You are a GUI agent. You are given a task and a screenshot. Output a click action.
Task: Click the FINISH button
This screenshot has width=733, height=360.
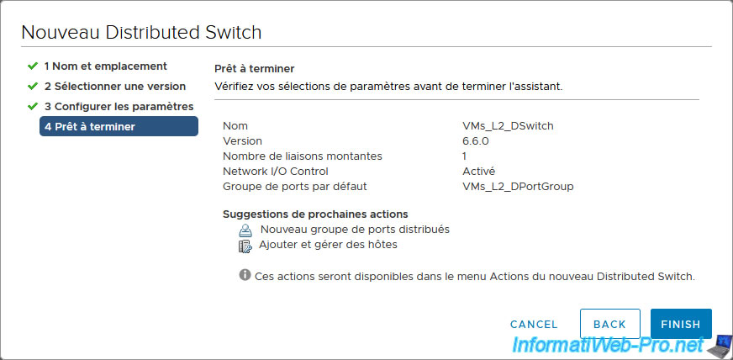(x=681, y=324)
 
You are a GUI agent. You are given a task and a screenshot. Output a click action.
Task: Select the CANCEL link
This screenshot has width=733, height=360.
(x=534, y=325)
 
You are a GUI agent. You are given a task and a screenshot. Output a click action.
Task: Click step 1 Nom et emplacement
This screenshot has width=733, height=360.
(x=106, y=66)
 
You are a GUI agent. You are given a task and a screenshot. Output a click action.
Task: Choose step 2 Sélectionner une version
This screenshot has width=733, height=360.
(x=115, y=87)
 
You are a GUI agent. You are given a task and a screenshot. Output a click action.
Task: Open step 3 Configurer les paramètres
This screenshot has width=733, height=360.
(x=119, y=107)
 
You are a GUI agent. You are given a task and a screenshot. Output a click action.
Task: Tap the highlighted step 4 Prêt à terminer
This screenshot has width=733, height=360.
(x=119, y=126)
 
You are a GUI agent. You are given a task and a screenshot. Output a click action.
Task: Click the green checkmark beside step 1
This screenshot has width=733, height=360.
(x=32, y=66)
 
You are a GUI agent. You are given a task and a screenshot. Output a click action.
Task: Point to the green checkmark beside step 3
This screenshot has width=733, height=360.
(x=32, y=107)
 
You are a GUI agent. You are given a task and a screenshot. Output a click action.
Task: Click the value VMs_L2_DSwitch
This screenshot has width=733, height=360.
(x=508, y=126)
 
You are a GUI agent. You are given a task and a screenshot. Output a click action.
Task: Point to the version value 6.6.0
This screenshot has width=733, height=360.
(x=476, y=140)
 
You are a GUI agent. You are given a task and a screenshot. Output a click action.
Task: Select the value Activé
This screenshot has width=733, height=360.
(x=478, y=171)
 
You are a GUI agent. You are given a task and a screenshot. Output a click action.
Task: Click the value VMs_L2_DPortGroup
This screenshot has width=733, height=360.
(x=518, y=187)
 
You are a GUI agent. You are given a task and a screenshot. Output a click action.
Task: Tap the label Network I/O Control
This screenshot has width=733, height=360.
(x=276, y=171)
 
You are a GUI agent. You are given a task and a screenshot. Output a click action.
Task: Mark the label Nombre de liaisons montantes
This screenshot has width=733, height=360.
(x=303, y=156)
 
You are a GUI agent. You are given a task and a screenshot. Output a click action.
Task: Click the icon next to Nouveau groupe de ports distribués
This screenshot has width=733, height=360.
(x=245, y=230)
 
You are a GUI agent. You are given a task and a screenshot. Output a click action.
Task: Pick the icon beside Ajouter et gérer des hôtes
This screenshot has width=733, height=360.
(x=245, y=246)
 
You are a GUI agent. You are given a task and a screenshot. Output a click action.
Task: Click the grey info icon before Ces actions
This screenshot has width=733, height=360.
(x=245, y=275)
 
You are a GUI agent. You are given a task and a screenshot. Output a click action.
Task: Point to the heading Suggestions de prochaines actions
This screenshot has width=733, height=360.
(x=315, y=214)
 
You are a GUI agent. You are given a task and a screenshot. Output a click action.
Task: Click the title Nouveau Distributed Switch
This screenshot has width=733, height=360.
(x=141, y=33)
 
